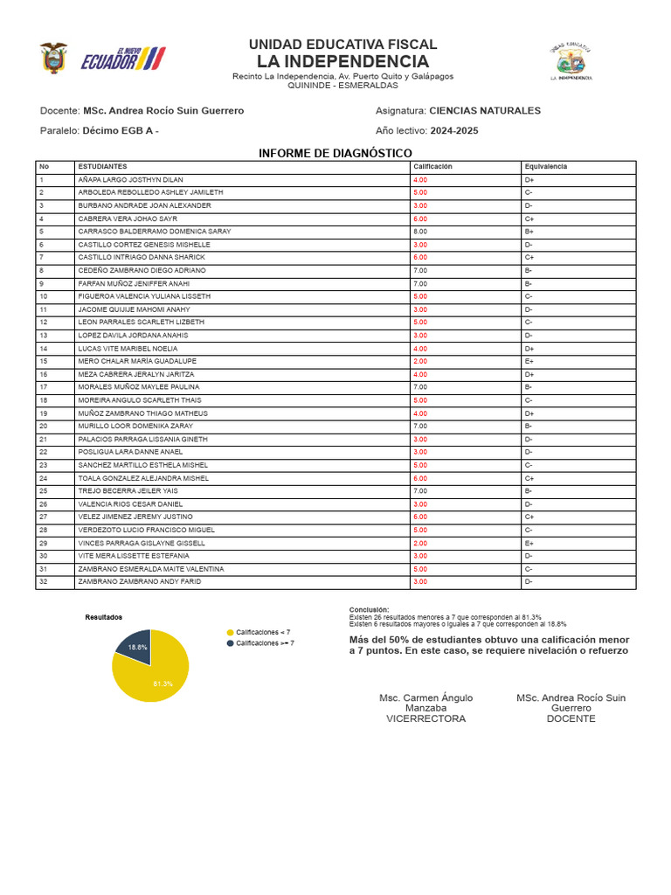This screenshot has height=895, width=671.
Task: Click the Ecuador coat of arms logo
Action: pos(52,59)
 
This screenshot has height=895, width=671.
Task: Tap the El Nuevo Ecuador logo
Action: pos(121,59)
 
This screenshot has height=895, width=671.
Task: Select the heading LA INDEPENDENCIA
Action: pos(342,61)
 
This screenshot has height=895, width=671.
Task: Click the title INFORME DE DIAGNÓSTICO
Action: pos(335,153)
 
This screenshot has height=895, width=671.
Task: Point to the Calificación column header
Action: pos(432,166)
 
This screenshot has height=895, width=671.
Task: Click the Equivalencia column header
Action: pos(546,166)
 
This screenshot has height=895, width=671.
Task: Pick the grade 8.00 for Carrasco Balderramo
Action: pos(420,232)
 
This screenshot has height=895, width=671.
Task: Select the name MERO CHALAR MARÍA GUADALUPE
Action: pos(137,361)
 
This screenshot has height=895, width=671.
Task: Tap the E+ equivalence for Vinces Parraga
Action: pos(529,543)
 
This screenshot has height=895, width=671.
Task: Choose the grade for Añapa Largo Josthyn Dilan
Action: pos(420,179)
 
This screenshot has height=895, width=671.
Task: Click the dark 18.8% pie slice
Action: pos(136,646)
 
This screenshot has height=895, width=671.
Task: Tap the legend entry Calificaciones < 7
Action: pos(262,632)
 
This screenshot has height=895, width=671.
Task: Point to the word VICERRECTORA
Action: pos(425,718)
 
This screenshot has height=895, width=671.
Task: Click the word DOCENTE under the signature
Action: pos(571,718)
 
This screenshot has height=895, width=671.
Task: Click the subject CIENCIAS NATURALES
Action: pos(485,111)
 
